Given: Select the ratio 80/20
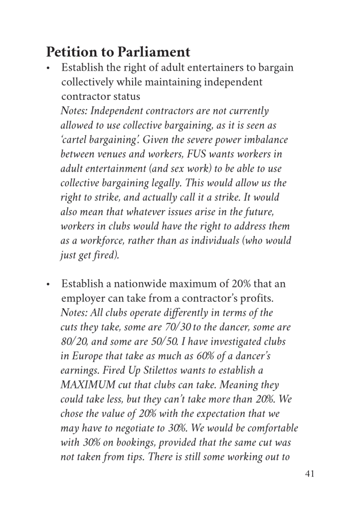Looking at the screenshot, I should (74, 342).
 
